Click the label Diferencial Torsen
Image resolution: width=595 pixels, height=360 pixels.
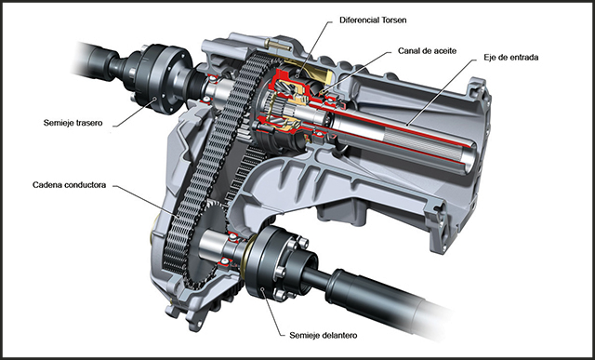coord(373,20)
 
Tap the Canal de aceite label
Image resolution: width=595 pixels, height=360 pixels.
coord(427,50)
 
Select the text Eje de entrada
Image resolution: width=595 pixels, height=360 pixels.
coord(510,58)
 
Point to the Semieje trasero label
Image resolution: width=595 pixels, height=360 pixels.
coord(73,123)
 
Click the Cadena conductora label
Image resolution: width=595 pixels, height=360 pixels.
coord(69,185)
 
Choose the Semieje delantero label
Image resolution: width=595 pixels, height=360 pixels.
coord(323,335)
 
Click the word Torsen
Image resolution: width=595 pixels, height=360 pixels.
coord(393,20)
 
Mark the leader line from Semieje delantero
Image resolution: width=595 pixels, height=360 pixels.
coord(271,313)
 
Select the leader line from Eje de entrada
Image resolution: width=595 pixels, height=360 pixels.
coord(440,92)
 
